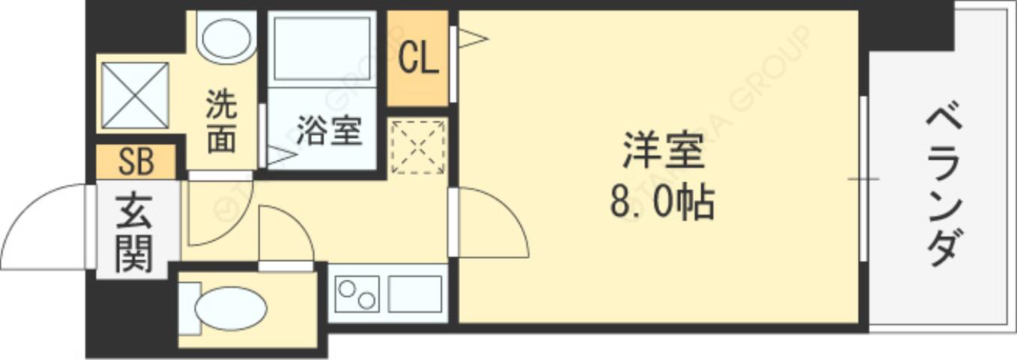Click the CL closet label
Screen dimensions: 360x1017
pyautogui.click(x=418, y=59)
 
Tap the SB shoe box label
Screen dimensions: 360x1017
pyautogui.click(x=136, y=160)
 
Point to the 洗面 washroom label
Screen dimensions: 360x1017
pyautogui.click(x=221, y=122)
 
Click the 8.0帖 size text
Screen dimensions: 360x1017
pyautogui.click(x=661, y=202)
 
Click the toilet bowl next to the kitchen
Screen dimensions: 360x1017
pyautogui.click(x=228, y=308)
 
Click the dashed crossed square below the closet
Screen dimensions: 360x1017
pyautogui.click(x=418, y=146)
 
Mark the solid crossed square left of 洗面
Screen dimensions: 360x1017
pyautogui.click(x=135, y=95)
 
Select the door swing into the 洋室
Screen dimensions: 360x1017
pyautogui.click(x=491, y=221)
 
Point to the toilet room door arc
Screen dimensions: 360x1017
pyautogui.click(x=285, y=232)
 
